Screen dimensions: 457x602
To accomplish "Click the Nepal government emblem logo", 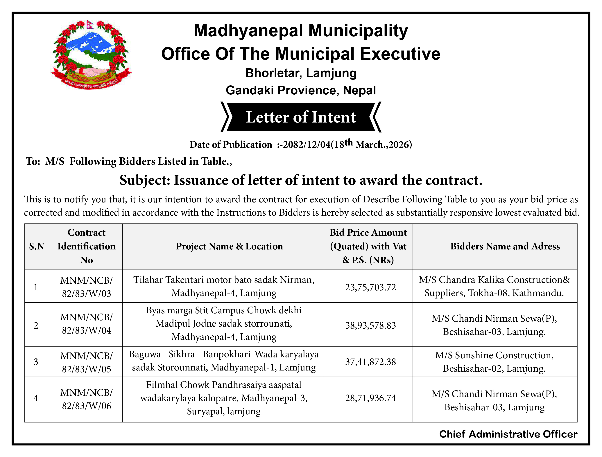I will coord(91,54).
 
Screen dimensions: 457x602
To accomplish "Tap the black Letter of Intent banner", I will coord(301,117).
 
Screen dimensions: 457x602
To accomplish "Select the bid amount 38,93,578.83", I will coord(370,325).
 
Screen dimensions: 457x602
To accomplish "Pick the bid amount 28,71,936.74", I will coord(370,398).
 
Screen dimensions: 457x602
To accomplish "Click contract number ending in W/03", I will coord(87,287).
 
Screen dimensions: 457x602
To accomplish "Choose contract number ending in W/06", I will coord(87,399).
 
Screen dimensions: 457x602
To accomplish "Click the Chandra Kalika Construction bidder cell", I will coord(494,286).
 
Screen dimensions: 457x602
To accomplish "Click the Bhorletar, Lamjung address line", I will coord(301,73).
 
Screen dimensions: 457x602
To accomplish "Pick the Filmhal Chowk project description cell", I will coord(224,398).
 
